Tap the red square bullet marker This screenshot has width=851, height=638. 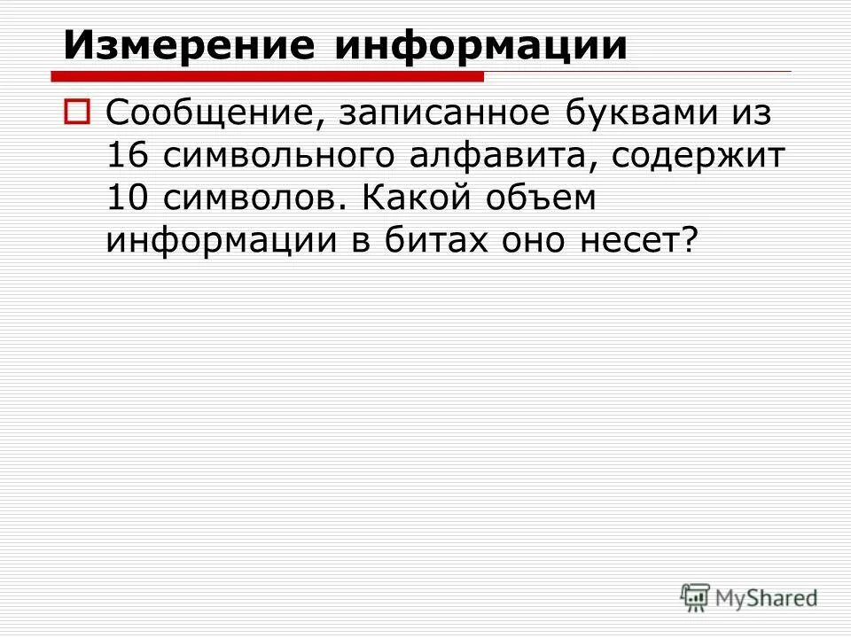(77, 112)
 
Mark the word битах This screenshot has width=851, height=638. (436, 240)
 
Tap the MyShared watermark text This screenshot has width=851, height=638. (767, 598)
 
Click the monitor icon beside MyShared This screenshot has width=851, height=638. (696, 598)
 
